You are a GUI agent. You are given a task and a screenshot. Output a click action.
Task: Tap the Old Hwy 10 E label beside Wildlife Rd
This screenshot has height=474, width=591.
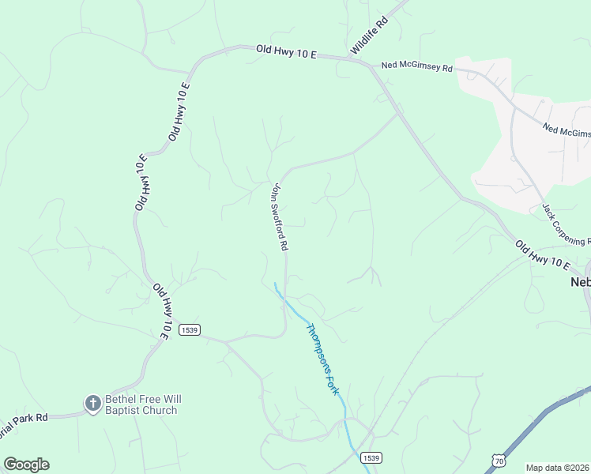[286, 52]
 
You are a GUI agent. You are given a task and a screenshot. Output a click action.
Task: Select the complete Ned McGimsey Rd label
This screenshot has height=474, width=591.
[416, 68]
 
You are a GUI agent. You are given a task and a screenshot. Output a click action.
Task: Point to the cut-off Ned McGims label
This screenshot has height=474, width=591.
[567, 130]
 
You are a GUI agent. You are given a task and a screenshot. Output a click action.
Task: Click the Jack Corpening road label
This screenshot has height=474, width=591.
[566, 224]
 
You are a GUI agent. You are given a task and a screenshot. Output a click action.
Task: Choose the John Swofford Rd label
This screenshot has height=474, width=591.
[278, 217]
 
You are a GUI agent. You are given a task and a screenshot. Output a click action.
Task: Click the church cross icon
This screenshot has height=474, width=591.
[92, 404]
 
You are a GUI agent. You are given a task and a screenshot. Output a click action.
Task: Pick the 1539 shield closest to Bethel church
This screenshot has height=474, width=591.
[187, 329]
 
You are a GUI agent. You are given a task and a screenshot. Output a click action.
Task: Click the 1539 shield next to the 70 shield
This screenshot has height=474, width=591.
[371, 457]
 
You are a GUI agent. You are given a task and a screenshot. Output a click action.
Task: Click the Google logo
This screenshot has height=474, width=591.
[26, 465]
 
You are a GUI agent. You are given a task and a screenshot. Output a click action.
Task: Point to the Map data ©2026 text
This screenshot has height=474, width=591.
[558, 468]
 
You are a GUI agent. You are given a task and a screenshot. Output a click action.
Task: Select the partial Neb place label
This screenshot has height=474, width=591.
[580, 282]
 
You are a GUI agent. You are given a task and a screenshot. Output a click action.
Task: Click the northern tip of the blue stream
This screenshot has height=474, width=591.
[274, 283]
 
